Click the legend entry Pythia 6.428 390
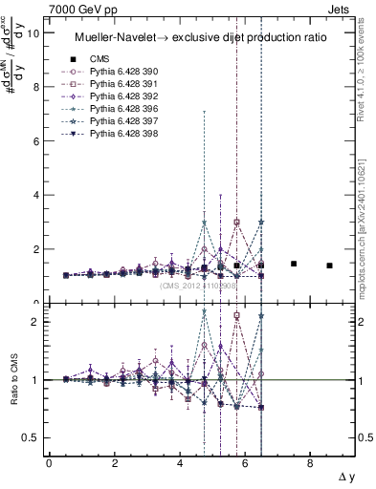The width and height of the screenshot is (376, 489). click(x=120, y=72)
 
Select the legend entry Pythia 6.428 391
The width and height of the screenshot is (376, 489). click(x=120, y=84)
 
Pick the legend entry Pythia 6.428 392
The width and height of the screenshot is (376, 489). click(x=120, y=96)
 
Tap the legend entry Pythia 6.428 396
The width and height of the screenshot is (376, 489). click(x=120, y=109)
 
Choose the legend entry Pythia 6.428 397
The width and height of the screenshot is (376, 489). click(x=120, y=121)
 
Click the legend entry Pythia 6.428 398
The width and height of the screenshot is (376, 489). click(x=120, y=134)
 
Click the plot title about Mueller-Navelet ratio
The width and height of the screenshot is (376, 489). click(x=201, y=37)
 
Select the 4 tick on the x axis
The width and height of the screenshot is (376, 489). click(x=180, y=462)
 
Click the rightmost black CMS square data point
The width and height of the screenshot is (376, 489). click(x=329, y=266)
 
